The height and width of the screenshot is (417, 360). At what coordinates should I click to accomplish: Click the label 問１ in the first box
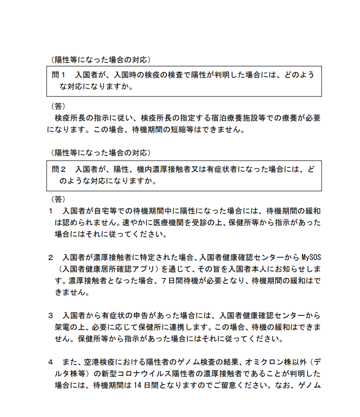pyautogui.click(x=59, y=75)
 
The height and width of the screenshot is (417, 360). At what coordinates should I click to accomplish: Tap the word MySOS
pyautogui.click(x=311, y=257)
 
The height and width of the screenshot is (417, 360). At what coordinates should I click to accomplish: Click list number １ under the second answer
pyautogui.click(x=50, y=211)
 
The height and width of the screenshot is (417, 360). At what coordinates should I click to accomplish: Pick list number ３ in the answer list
pyautogui.click(x=50, y=315)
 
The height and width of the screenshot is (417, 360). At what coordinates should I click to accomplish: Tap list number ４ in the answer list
pyautogui.click(x=50, y=362)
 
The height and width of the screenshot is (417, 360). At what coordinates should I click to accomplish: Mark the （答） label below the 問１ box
pyautogui.click(x=58, y=106)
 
